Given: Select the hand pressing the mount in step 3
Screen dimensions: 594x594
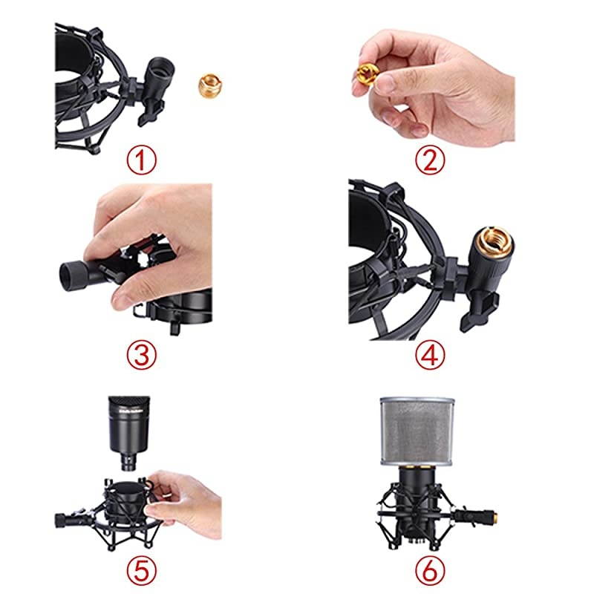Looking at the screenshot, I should tap(156, 238).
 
